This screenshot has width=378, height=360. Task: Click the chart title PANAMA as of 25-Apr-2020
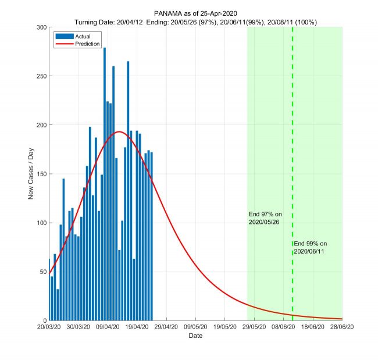tap(195, 13)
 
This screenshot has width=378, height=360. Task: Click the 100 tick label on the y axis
tap(41, 223)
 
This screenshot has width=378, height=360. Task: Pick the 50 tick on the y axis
tap(42, 272)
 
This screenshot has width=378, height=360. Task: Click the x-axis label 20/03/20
tap(49, 327)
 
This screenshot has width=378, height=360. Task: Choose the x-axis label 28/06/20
tap(342, 327)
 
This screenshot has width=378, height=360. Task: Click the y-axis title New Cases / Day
tap(31, 174)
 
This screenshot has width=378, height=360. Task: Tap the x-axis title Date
tap(195, 336)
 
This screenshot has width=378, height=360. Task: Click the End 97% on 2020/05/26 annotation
tap(265, 218)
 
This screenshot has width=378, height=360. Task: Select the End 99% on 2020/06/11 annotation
tap(311, 247)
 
